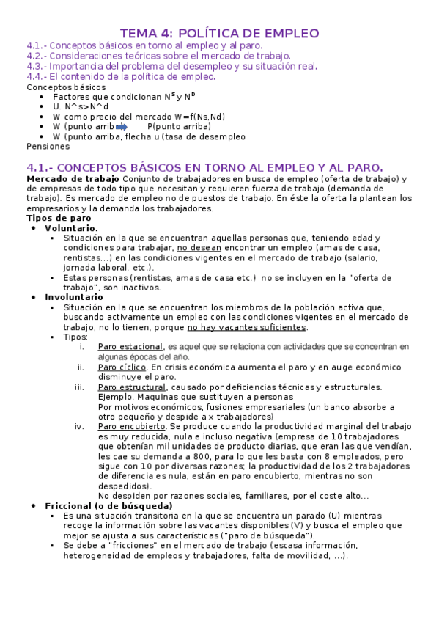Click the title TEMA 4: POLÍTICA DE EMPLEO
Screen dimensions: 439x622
click(x=219, y=33)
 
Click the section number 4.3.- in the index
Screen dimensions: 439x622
click(x=37, y=66)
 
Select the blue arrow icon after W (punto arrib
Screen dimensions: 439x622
click(x=122, y=126)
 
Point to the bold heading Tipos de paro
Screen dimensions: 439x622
click(x=59, y=218)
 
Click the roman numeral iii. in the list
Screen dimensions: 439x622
click(x=79, y=387)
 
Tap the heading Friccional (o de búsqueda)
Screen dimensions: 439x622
click(x=108, y=506)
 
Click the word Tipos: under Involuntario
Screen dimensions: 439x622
click(x=75, y=337)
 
